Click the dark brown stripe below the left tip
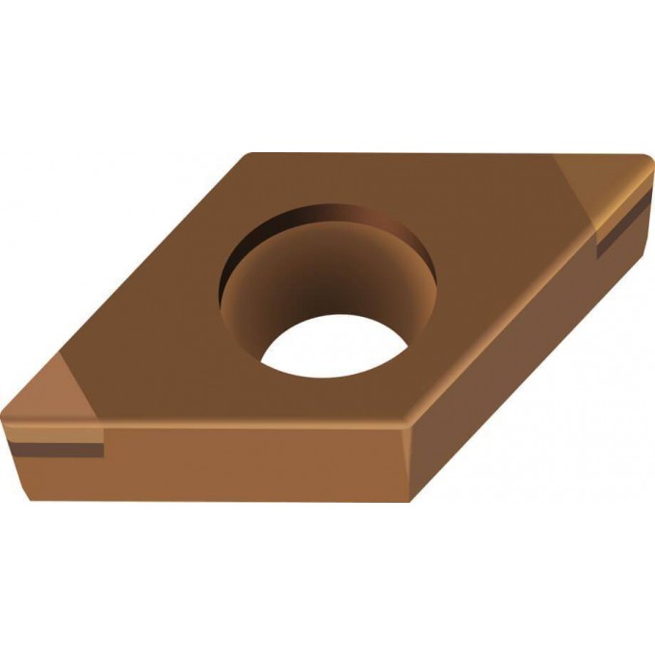[58, 450]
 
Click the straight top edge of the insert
[433, 153]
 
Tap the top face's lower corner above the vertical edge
[404, 424]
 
